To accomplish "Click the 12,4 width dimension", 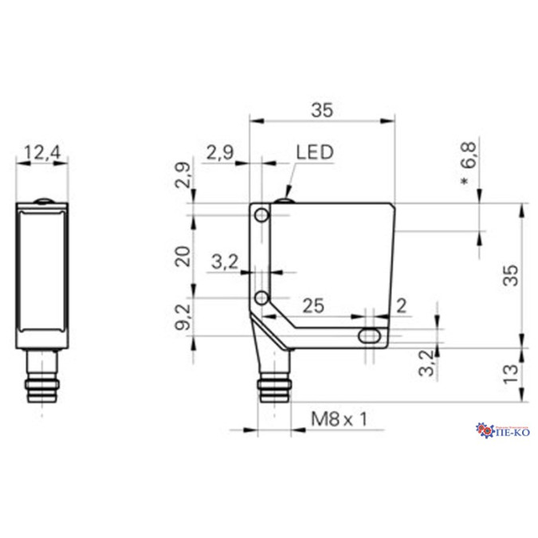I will [42, 151].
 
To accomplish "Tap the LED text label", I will [314, 151].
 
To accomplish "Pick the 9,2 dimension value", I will [183, 317].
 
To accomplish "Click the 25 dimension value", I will [312, 304].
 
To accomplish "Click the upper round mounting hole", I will [261, 216].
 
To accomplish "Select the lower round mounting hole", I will [261, 298].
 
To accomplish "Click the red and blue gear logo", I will [485, 431].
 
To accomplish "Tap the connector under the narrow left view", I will [42, 380].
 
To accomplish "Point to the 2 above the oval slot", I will [400, 304].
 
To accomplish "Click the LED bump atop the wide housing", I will [284, 197].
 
